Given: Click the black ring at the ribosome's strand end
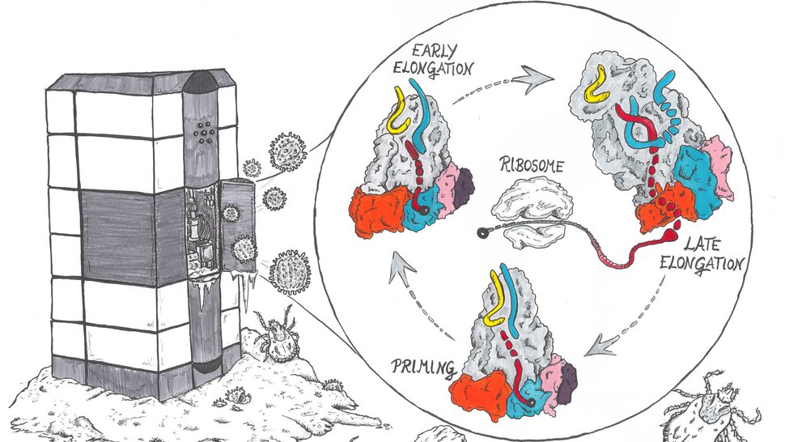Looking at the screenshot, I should (484, 232).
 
